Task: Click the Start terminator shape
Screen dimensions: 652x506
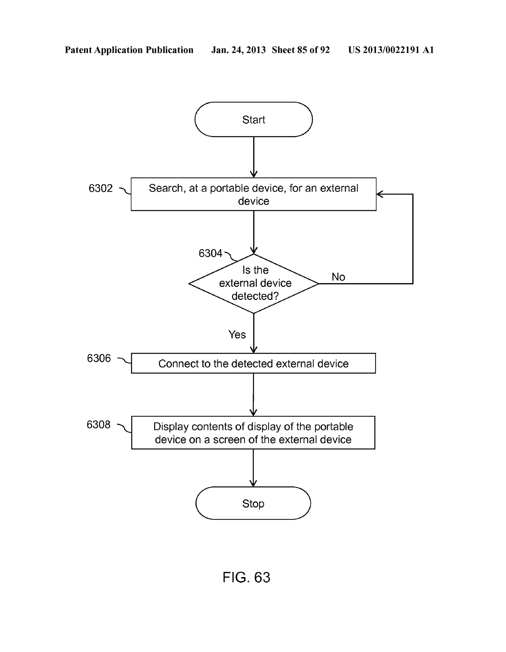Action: (x=253, y=120)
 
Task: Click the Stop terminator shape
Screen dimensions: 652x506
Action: (x=253, y=503)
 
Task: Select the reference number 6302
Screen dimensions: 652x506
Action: (x=101, y=188)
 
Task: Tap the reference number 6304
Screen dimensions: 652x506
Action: (x=210, y=253)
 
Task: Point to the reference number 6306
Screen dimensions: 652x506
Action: (x=99, y=358)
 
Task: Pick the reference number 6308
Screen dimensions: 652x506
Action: (x=99, y=425)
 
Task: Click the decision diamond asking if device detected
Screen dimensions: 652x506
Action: (x=253, y=283)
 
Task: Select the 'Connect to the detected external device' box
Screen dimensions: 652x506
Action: (x=253, y=363)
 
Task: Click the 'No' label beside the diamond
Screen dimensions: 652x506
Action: (x=338, y=277)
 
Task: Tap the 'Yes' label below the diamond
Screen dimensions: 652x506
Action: (x=237, y=335)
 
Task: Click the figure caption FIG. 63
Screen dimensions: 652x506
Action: (x=246, y=577)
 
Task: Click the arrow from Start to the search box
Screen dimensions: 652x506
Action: (x=253, y=157)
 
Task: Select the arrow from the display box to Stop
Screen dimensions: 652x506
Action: (x=253, y=468)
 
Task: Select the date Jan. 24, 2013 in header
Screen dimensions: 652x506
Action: (x=238, y=50)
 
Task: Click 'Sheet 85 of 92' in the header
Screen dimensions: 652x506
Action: (x=300, y=50)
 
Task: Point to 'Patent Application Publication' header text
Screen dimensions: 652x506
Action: (x=129, y=50)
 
